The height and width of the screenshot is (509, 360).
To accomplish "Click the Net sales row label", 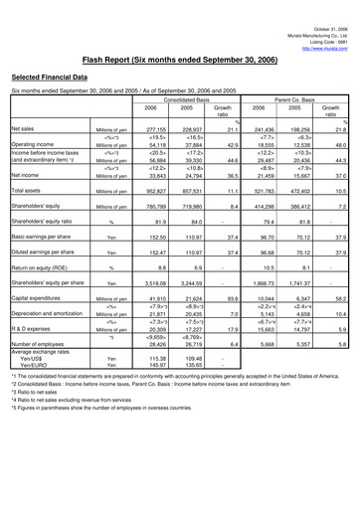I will coord(23,128).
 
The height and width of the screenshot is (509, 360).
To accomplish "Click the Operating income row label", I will coord(32,143).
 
